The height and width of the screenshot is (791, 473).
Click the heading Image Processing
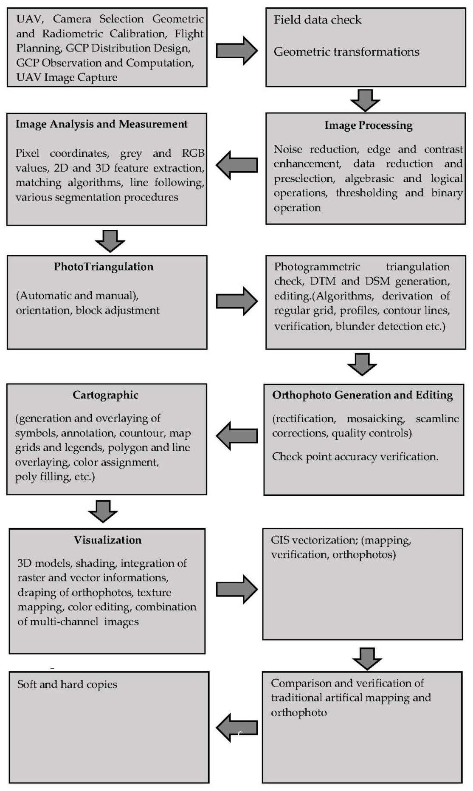tap(368, 125)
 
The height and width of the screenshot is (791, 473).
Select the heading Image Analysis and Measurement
tap(101, 124)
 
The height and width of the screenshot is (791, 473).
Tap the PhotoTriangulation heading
tap(104, 267)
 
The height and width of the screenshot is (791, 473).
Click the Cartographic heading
tap(105, 395)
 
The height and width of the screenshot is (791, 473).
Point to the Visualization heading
tap(107, 540)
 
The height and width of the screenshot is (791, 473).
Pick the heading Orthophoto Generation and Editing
tap(362, 395)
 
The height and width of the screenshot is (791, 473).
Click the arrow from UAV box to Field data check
tap(236, 51)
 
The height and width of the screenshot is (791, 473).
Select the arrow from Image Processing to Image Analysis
tap(236, 165)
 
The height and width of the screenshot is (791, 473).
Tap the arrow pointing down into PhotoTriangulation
tap(110, 241)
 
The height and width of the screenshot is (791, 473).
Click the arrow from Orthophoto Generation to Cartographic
tap(236, 436)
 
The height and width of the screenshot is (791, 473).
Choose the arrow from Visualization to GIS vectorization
tap(236, 589)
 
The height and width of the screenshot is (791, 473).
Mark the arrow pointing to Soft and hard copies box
tap(236, 728)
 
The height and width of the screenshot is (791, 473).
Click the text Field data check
tap(317, 20)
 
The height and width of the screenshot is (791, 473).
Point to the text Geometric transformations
tap(346, 52)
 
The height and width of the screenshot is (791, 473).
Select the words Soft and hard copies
tap(67, 684)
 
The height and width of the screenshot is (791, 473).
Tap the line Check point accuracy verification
tap(355, 457)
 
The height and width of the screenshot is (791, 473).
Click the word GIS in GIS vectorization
tap(280, 540)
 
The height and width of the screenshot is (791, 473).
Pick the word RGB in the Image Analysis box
tap(193, 153)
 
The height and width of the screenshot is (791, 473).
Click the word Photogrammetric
tap(317, 267)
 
